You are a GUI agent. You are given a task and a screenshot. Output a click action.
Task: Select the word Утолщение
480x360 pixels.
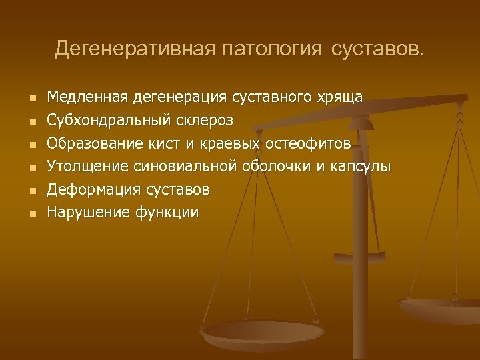(87, 167)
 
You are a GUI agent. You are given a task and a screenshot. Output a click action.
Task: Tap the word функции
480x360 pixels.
(167, 213)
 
